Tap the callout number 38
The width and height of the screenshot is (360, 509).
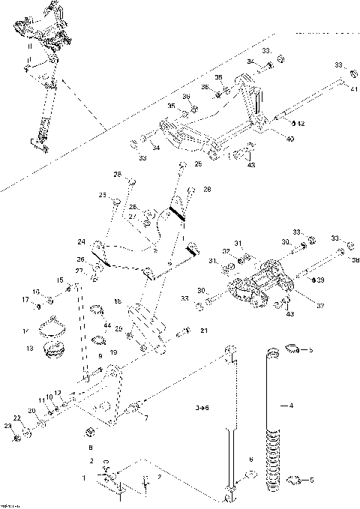point(355,262)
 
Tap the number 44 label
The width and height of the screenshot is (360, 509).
point(108,326)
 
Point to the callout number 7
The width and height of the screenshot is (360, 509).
point(145,417)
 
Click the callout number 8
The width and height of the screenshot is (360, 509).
point(91,447)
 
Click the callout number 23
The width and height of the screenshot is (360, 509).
point(9,427)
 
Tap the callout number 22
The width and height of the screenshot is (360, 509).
point(16,417)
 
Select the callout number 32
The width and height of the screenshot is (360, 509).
point(225,251)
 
